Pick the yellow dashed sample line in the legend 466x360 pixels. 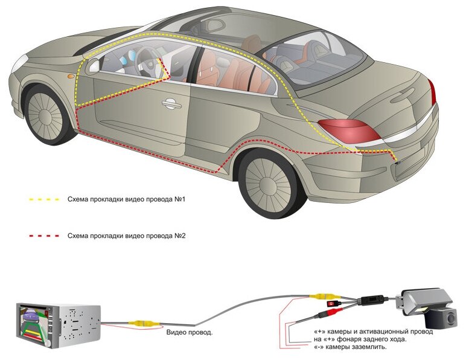[44, 199]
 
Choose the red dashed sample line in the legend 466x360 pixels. [44, 236]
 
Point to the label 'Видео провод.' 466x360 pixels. [189, 332]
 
